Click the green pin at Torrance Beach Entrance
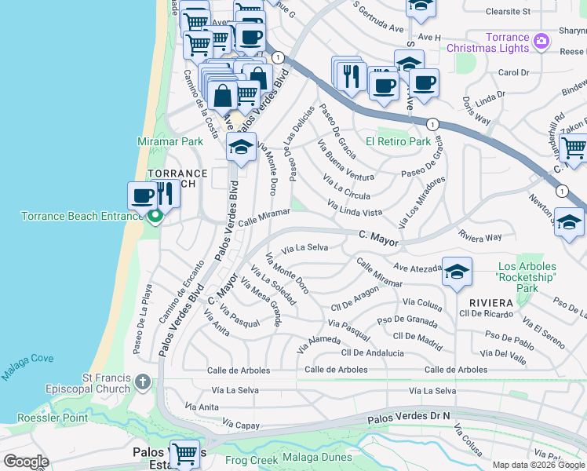155,216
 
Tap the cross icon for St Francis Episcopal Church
142,382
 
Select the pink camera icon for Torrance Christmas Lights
540,40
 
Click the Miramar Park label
170,141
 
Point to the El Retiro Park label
398,141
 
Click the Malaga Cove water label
27,367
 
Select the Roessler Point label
53,418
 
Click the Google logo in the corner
26,462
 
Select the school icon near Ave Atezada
457,272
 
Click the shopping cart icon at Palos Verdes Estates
184,453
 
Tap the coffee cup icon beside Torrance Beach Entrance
143,195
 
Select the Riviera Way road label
480,236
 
